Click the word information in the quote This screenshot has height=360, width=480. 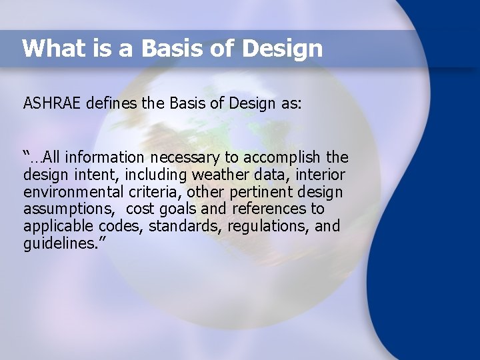tap(103, 158)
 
